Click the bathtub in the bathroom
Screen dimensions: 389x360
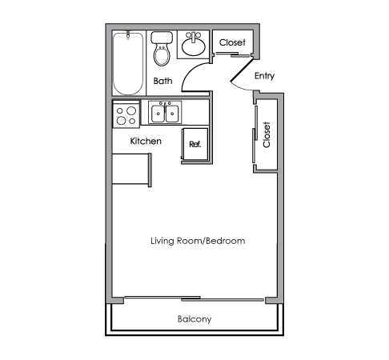click(128, 63)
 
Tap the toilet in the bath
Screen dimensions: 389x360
click(162, 49)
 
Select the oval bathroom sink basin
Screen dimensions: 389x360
click(194, 46)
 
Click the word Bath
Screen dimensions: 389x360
click(162, 81)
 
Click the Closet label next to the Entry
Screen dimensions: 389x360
click(232, 42)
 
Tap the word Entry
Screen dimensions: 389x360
click(264, 76)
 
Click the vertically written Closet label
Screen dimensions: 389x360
click(267, 134)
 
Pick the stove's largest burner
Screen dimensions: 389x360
click(131, 110)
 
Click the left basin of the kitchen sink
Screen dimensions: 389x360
click(158, 114)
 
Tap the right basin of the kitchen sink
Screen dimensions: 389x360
click(172, 114)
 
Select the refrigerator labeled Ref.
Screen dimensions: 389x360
click(194, 144)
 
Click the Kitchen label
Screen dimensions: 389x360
click(146, 141)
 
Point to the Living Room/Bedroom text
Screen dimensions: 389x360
click(198, 241)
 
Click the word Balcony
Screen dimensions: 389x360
click(194, 319)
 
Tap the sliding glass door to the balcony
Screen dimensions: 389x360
click(194, 298)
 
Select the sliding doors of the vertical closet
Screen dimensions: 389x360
click(255, 134)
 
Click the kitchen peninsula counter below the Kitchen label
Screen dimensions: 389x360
click(132, 169)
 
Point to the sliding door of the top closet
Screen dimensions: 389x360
click(232, 54)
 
